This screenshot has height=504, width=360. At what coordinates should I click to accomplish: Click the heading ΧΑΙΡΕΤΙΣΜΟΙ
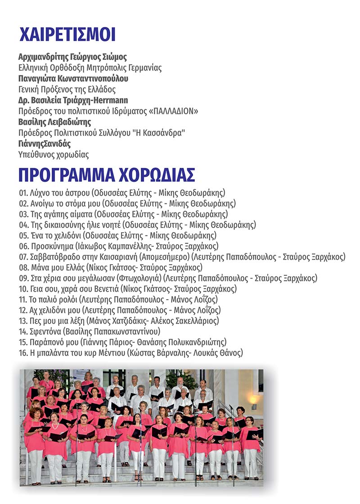[x=67, y=34]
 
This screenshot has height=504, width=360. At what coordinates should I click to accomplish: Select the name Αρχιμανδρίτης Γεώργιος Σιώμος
[x=72, y=57]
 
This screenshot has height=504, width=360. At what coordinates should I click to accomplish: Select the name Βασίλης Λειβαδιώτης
[x=54, y=122]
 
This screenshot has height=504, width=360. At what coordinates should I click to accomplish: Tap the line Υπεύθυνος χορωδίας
[x=54, y=154]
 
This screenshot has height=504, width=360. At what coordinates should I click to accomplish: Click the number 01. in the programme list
[x=24, y=193]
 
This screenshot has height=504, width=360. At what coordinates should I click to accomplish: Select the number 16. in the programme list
[x=24, y=353]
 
